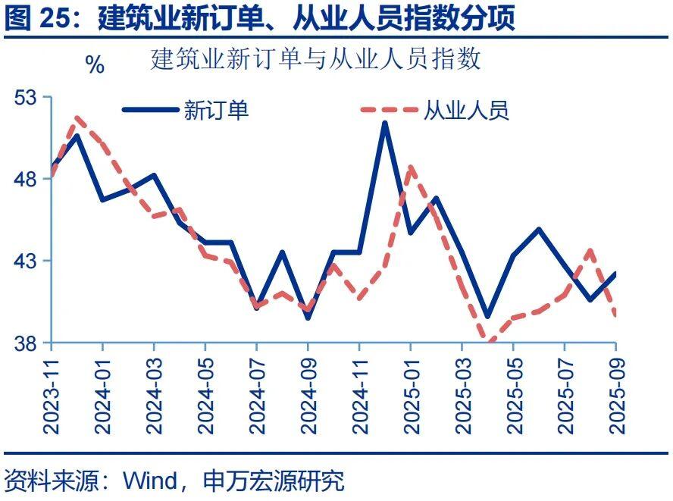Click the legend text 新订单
216,111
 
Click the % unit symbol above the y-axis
95,65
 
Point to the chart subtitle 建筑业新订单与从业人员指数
316,59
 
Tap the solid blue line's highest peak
385,123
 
